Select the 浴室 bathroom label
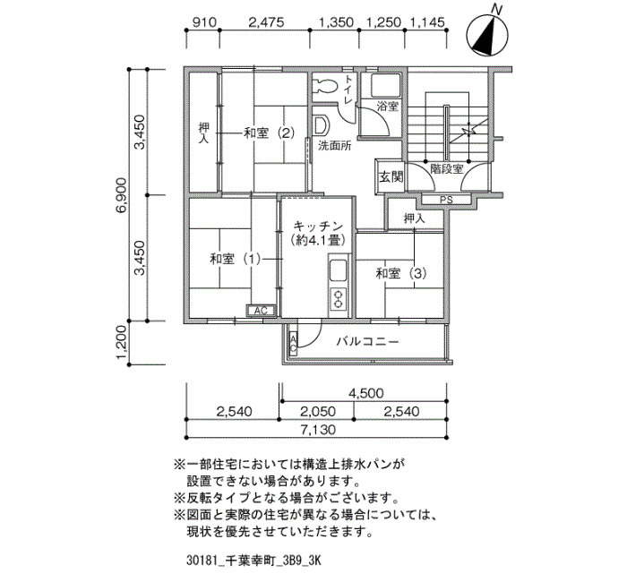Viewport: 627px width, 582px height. [388, 107]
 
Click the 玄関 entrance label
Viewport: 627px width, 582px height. [391, 176]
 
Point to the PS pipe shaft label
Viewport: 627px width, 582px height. [446, 201]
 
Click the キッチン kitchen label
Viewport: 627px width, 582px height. [318, 226]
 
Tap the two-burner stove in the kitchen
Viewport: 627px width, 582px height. [339, 299]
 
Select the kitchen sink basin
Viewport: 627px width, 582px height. [339, 271]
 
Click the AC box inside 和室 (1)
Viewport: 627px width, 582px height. [261, 310]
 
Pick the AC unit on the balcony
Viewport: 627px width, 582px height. [293, 344]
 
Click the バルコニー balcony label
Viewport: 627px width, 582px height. [367, 342]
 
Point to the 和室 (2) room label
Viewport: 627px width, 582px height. [270, 133]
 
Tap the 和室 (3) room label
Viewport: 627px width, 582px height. [401, 273]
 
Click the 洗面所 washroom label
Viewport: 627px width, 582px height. [335, 145]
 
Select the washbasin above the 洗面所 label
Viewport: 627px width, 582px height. [322, 126]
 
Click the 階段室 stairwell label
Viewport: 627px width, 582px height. [447, 169]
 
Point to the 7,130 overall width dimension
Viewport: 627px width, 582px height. [318, 430]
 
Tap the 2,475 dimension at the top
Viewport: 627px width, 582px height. [266, 22]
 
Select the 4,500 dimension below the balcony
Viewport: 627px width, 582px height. [365, 393]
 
